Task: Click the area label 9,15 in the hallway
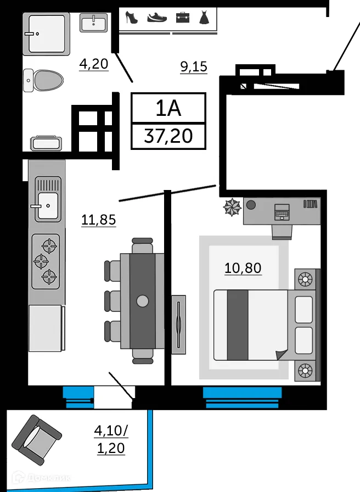(194, 67)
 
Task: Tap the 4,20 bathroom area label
(93, 64)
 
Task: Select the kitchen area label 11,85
(99, 220)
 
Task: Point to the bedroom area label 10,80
(243, 268)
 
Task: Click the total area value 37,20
(168, 135)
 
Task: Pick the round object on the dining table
(143, 300)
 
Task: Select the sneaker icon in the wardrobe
(157, 17)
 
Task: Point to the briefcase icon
(182, 17)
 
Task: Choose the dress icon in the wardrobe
(204, 17)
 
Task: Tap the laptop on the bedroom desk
(282, 211)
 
